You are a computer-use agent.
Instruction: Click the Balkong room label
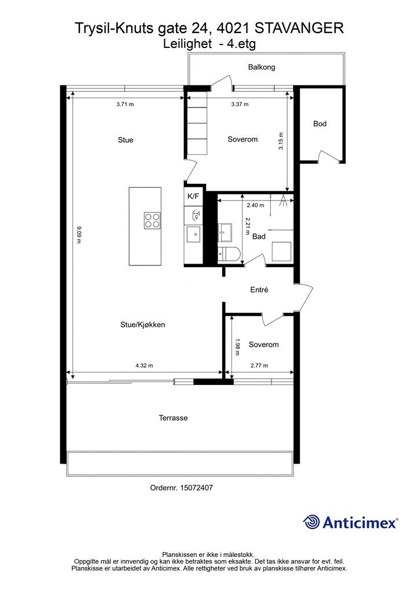[x=262, y=67]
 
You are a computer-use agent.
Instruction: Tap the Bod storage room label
[x=319, y=124]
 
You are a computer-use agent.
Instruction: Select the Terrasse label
[x=173, y=418]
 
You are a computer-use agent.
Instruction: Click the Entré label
[x=259, y=290]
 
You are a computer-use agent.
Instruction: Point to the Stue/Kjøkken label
[x=142, y=324]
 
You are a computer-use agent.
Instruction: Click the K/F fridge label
[x=193, y=197]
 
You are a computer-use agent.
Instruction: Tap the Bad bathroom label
[x=259, y=236]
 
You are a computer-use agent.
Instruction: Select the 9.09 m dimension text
[x=79, y=235]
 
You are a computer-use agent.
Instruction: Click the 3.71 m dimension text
[x=125, y=104]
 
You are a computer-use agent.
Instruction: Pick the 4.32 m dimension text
[x=144, y=365]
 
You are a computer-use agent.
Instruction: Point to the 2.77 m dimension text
[x=259, y=365]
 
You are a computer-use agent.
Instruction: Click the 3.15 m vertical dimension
[x=281, y=141]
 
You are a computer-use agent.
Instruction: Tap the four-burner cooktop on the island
[x=152, y=220]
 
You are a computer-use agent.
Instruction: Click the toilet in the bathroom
[x=229, y=254]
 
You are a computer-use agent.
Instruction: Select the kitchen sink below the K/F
[x=194, y=234]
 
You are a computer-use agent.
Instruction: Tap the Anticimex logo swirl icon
[x=311, y=522]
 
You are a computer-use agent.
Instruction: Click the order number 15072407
[x=196, y=487]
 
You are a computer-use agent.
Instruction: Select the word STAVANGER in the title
[x=299, y=28]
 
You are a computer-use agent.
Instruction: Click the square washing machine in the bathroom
[x=282, y=251]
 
